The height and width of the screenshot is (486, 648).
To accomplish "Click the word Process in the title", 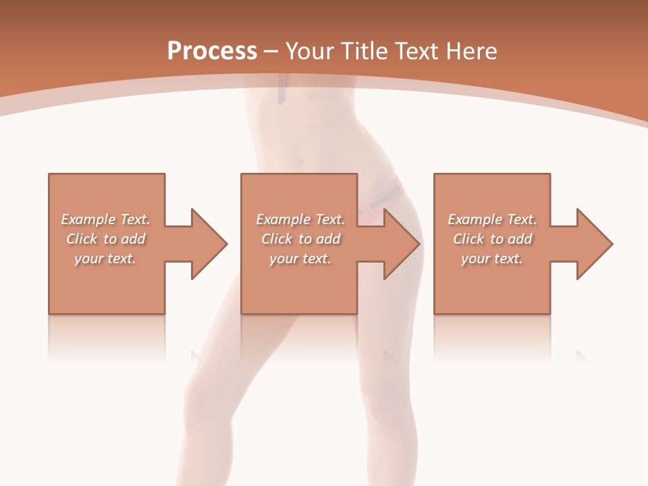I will point(212,51).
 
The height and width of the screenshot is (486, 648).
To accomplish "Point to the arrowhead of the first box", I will point(209,244).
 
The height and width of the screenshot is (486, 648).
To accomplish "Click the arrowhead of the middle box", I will point(401,244).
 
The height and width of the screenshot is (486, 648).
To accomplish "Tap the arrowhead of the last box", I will point(594,244).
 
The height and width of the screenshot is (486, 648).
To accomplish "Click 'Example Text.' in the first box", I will point(106,219).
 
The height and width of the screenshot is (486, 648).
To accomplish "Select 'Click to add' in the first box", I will point(106,239).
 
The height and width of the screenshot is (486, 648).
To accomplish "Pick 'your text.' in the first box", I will point(106,259).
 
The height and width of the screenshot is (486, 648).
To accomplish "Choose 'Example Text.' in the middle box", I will point(300,219).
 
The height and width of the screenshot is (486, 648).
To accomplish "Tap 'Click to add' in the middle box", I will point(300,239).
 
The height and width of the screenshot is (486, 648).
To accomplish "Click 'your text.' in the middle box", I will point(300,259).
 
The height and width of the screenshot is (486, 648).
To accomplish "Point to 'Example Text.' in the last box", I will point(492,219).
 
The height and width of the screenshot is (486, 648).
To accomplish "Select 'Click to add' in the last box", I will point(492,239).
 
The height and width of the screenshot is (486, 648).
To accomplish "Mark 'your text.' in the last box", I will point(492,259).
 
